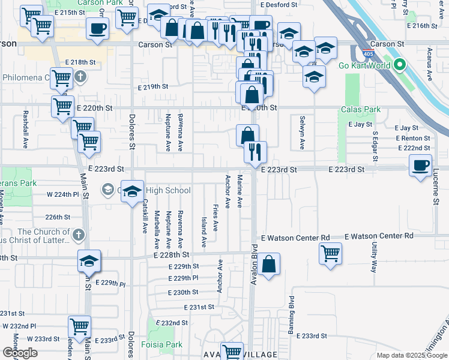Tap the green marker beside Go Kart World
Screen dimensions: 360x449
pyautogui.click(x=397, y=65)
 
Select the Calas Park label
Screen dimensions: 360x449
pyautogui.click(x=361, y=110)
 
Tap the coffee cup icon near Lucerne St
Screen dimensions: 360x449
pyautogui.click(x=420, y=164)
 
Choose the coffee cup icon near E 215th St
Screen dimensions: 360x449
pyautogui.click(x=97, y=28)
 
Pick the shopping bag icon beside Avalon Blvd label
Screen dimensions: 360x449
pyautogui.click(x=270, y=264)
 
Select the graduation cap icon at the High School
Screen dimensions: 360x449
pyautogui.click(x=133, y=191)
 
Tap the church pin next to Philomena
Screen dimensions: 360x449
pyautogui.click(x=80, y=77)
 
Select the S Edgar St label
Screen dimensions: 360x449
pyautogui.click(x=375, y=147)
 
